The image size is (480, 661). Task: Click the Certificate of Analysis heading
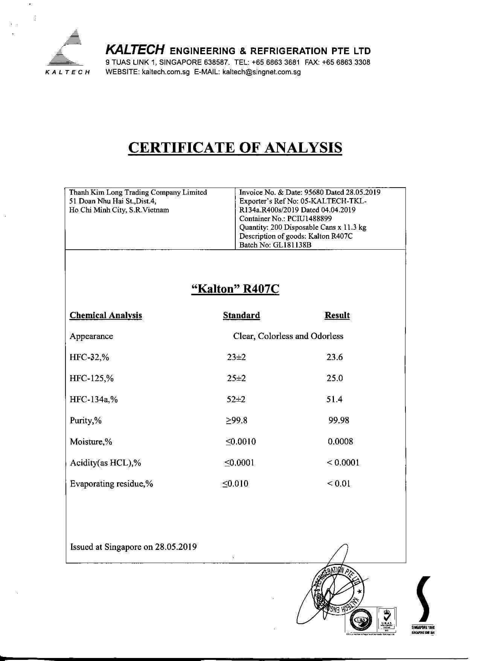click(x=235, y=147)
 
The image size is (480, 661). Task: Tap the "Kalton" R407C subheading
click(x=235, y=289)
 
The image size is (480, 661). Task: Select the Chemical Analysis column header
click(x=106, y=315)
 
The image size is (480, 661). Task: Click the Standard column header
click(x=241, y=315)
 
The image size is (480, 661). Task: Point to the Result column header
click(x=337, y=315)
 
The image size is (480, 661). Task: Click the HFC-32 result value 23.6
click(x=335, y=357)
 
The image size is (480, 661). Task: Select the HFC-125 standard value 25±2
click(x=236, y=378)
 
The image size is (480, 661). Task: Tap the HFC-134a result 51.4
click(x=334, y=399)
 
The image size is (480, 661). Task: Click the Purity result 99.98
click(x=338, y=420)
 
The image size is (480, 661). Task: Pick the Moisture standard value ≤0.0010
click(x=241, y=441)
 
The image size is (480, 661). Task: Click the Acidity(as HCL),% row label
click(x=105, y=463)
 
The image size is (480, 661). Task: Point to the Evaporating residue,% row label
click(x=111, y=484)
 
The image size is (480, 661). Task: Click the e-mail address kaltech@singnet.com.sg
click(x=262, y=72)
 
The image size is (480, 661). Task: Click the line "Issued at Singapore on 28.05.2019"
click(x=133, y=547)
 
